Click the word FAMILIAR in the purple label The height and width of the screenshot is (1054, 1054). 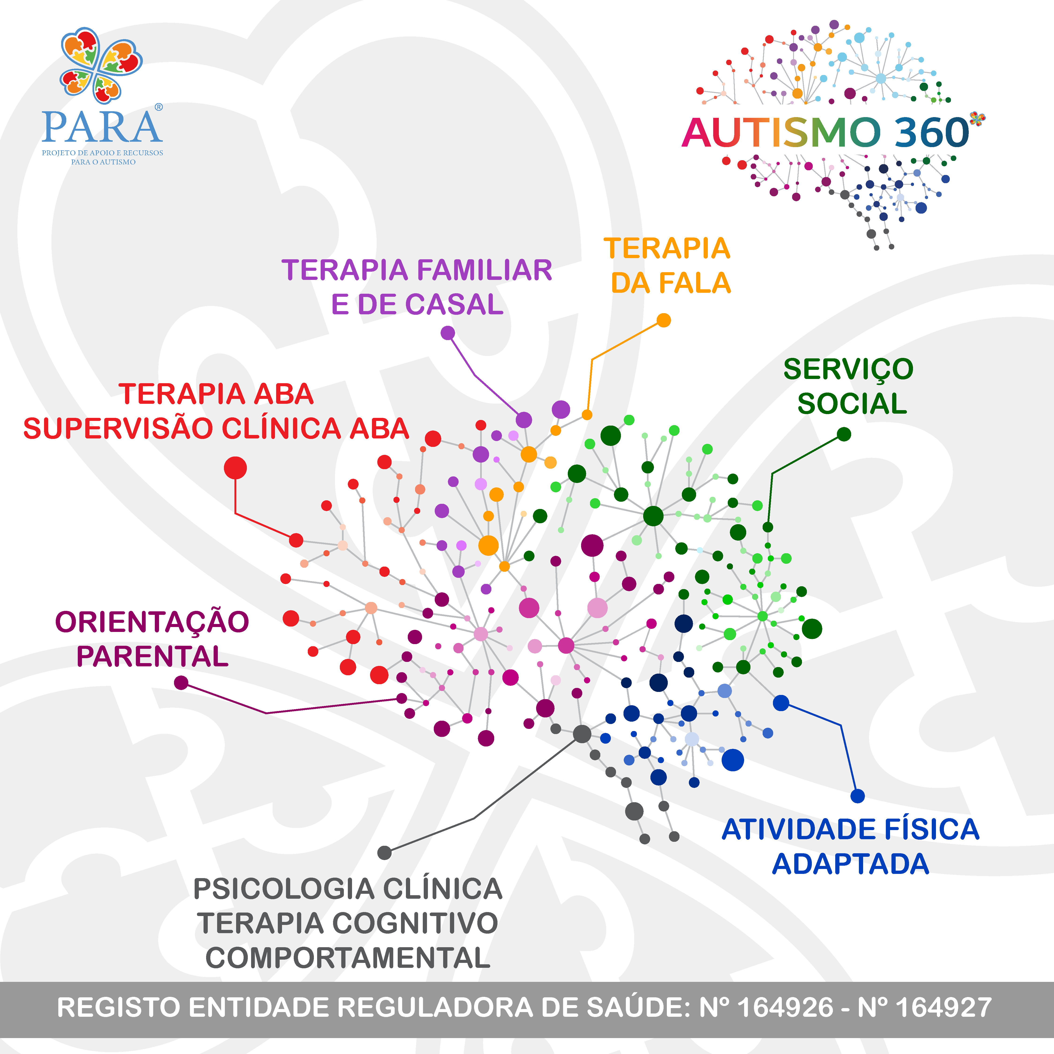coord(484,270)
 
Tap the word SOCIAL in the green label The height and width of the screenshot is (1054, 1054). coord(852,404)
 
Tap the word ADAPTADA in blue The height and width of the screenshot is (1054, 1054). coord(850,864)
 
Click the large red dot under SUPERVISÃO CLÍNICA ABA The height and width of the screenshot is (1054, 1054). coord(235,468)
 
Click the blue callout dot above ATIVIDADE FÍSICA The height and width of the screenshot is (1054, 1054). coord(857,796)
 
